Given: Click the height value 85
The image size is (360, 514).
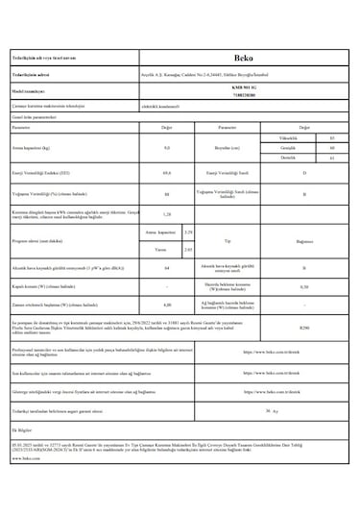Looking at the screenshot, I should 331,138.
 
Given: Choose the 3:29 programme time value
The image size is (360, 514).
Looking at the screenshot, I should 188,233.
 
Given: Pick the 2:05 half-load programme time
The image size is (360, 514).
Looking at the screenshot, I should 188,249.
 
